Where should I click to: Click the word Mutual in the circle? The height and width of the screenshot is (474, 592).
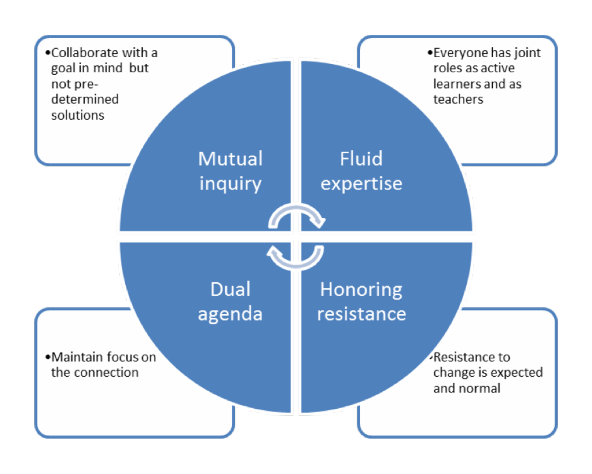pos(230,159)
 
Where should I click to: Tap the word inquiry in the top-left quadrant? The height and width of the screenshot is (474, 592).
pos(230,184)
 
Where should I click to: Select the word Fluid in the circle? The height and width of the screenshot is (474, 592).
pos(361,159)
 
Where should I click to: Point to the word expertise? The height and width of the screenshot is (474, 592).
pos(361,184)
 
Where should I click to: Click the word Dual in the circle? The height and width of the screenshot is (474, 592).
pos(230,289)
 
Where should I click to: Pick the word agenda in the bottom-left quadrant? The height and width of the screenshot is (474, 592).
pos(230,314)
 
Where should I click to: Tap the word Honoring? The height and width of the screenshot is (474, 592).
pos(361,289)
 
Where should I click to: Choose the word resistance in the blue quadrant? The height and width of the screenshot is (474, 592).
pos(361,314)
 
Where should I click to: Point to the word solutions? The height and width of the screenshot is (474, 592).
pos(78,115)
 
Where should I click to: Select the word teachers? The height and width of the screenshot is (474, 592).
pos(458,99)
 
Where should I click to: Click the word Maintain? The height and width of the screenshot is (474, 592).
pos(77,357)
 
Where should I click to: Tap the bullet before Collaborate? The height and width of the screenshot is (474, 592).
pos(48,53)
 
